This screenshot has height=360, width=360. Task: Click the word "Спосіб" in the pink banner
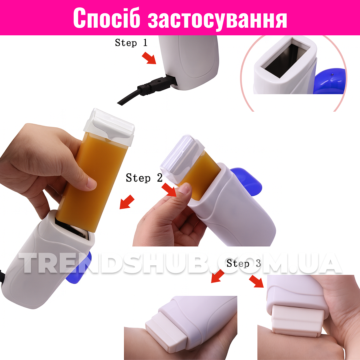107,18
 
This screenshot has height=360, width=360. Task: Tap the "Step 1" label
131,43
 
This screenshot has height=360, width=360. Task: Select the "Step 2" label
144,178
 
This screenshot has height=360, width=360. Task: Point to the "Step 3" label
244,263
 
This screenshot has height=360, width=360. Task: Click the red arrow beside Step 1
149,58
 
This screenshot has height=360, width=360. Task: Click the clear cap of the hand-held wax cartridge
109,127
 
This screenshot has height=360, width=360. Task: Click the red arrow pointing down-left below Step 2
127,202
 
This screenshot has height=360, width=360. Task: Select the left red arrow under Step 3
217,276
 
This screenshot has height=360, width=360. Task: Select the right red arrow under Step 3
256,281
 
